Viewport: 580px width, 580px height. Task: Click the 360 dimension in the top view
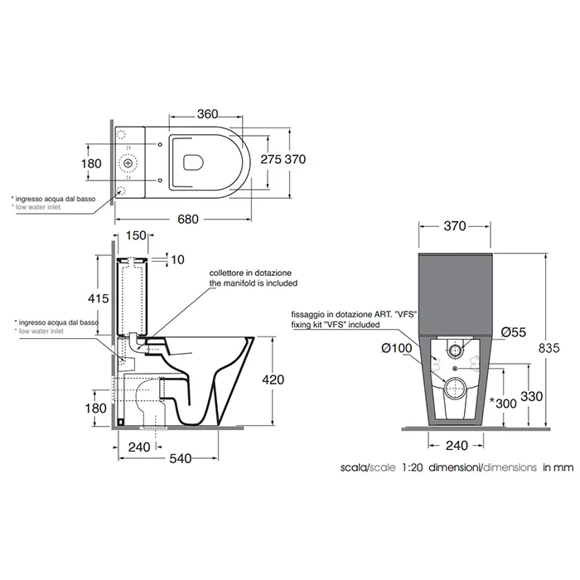(x=207, y=114)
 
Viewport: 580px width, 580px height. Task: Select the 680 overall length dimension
(x=188, y=219)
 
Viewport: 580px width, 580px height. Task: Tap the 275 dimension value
(x=271, y=159)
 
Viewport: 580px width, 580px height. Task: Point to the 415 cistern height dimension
(x=99, y=298)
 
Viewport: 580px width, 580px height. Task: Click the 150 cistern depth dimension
(x=136, y=235)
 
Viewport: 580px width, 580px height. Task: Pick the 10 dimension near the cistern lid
(x=177, y=259)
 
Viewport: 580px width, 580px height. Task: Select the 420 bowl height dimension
(x=273, y=379)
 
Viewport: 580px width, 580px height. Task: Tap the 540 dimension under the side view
(x=181, y=458)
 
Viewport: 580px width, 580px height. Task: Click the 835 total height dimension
(x=549, y=348)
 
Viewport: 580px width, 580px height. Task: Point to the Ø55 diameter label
(x=514, y=332)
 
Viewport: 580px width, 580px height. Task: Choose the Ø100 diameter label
(x=397, y=348)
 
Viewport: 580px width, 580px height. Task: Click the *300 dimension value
(x=503, y=404)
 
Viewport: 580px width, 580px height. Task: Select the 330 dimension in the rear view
(x=532, y=396)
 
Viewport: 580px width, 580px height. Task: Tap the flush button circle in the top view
(x=128, y=162)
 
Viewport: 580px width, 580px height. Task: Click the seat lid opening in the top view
(x=194, y=162)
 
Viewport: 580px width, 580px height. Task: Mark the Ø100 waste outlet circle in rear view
(x=456, y=389)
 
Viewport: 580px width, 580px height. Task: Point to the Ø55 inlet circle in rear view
(x=455, y=349)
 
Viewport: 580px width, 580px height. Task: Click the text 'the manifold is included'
(x=254, y=283)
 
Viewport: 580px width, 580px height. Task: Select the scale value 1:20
(x=413, y=467)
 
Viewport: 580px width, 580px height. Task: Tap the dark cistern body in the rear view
(x=455, y=294)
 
